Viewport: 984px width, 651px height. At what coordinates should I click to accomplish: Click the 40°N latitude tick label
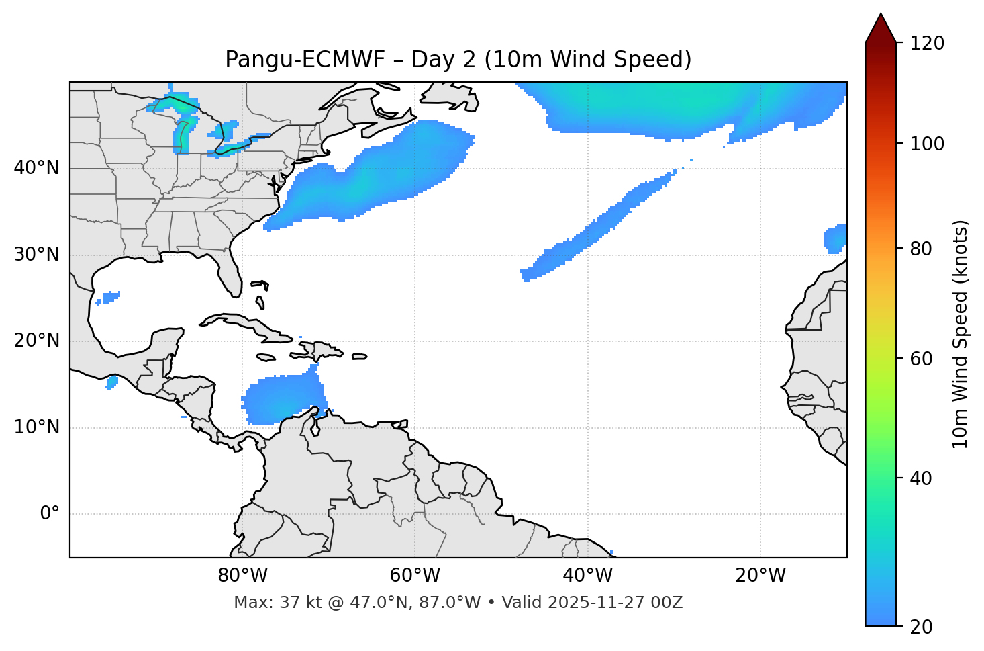click(x=36, y=168)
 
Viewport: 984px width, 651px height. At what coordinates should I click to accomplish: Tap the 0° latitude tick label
click(x=49, y=514)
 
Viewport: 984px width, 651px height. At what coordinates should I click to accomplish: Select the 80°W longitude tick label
click(x=242, y=576)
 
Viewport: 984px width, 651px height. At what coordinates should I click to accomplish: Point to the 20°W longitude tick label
click(x=760, y=576)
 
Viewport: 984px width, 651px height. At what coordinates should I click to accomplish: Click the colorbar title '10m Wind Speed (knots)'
click(x=961, y=334)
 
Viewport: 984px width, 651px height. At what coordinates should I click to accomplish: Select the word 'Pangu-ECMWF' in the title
click(x=305, y=60)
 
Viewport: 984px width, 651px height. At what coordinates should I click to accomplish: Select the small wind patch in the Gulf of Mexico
click(x=109, y=296)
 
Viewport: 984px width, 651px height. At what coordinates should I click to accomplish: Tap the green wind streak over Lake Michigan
click(x=182, y=134)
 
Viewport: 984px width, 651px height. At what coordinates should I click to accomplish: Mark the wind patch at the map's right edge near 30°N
click(x=836, y=238)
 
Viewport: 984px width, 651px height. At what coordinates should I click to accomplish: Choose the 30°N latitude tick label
click(x=36, y=255)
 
